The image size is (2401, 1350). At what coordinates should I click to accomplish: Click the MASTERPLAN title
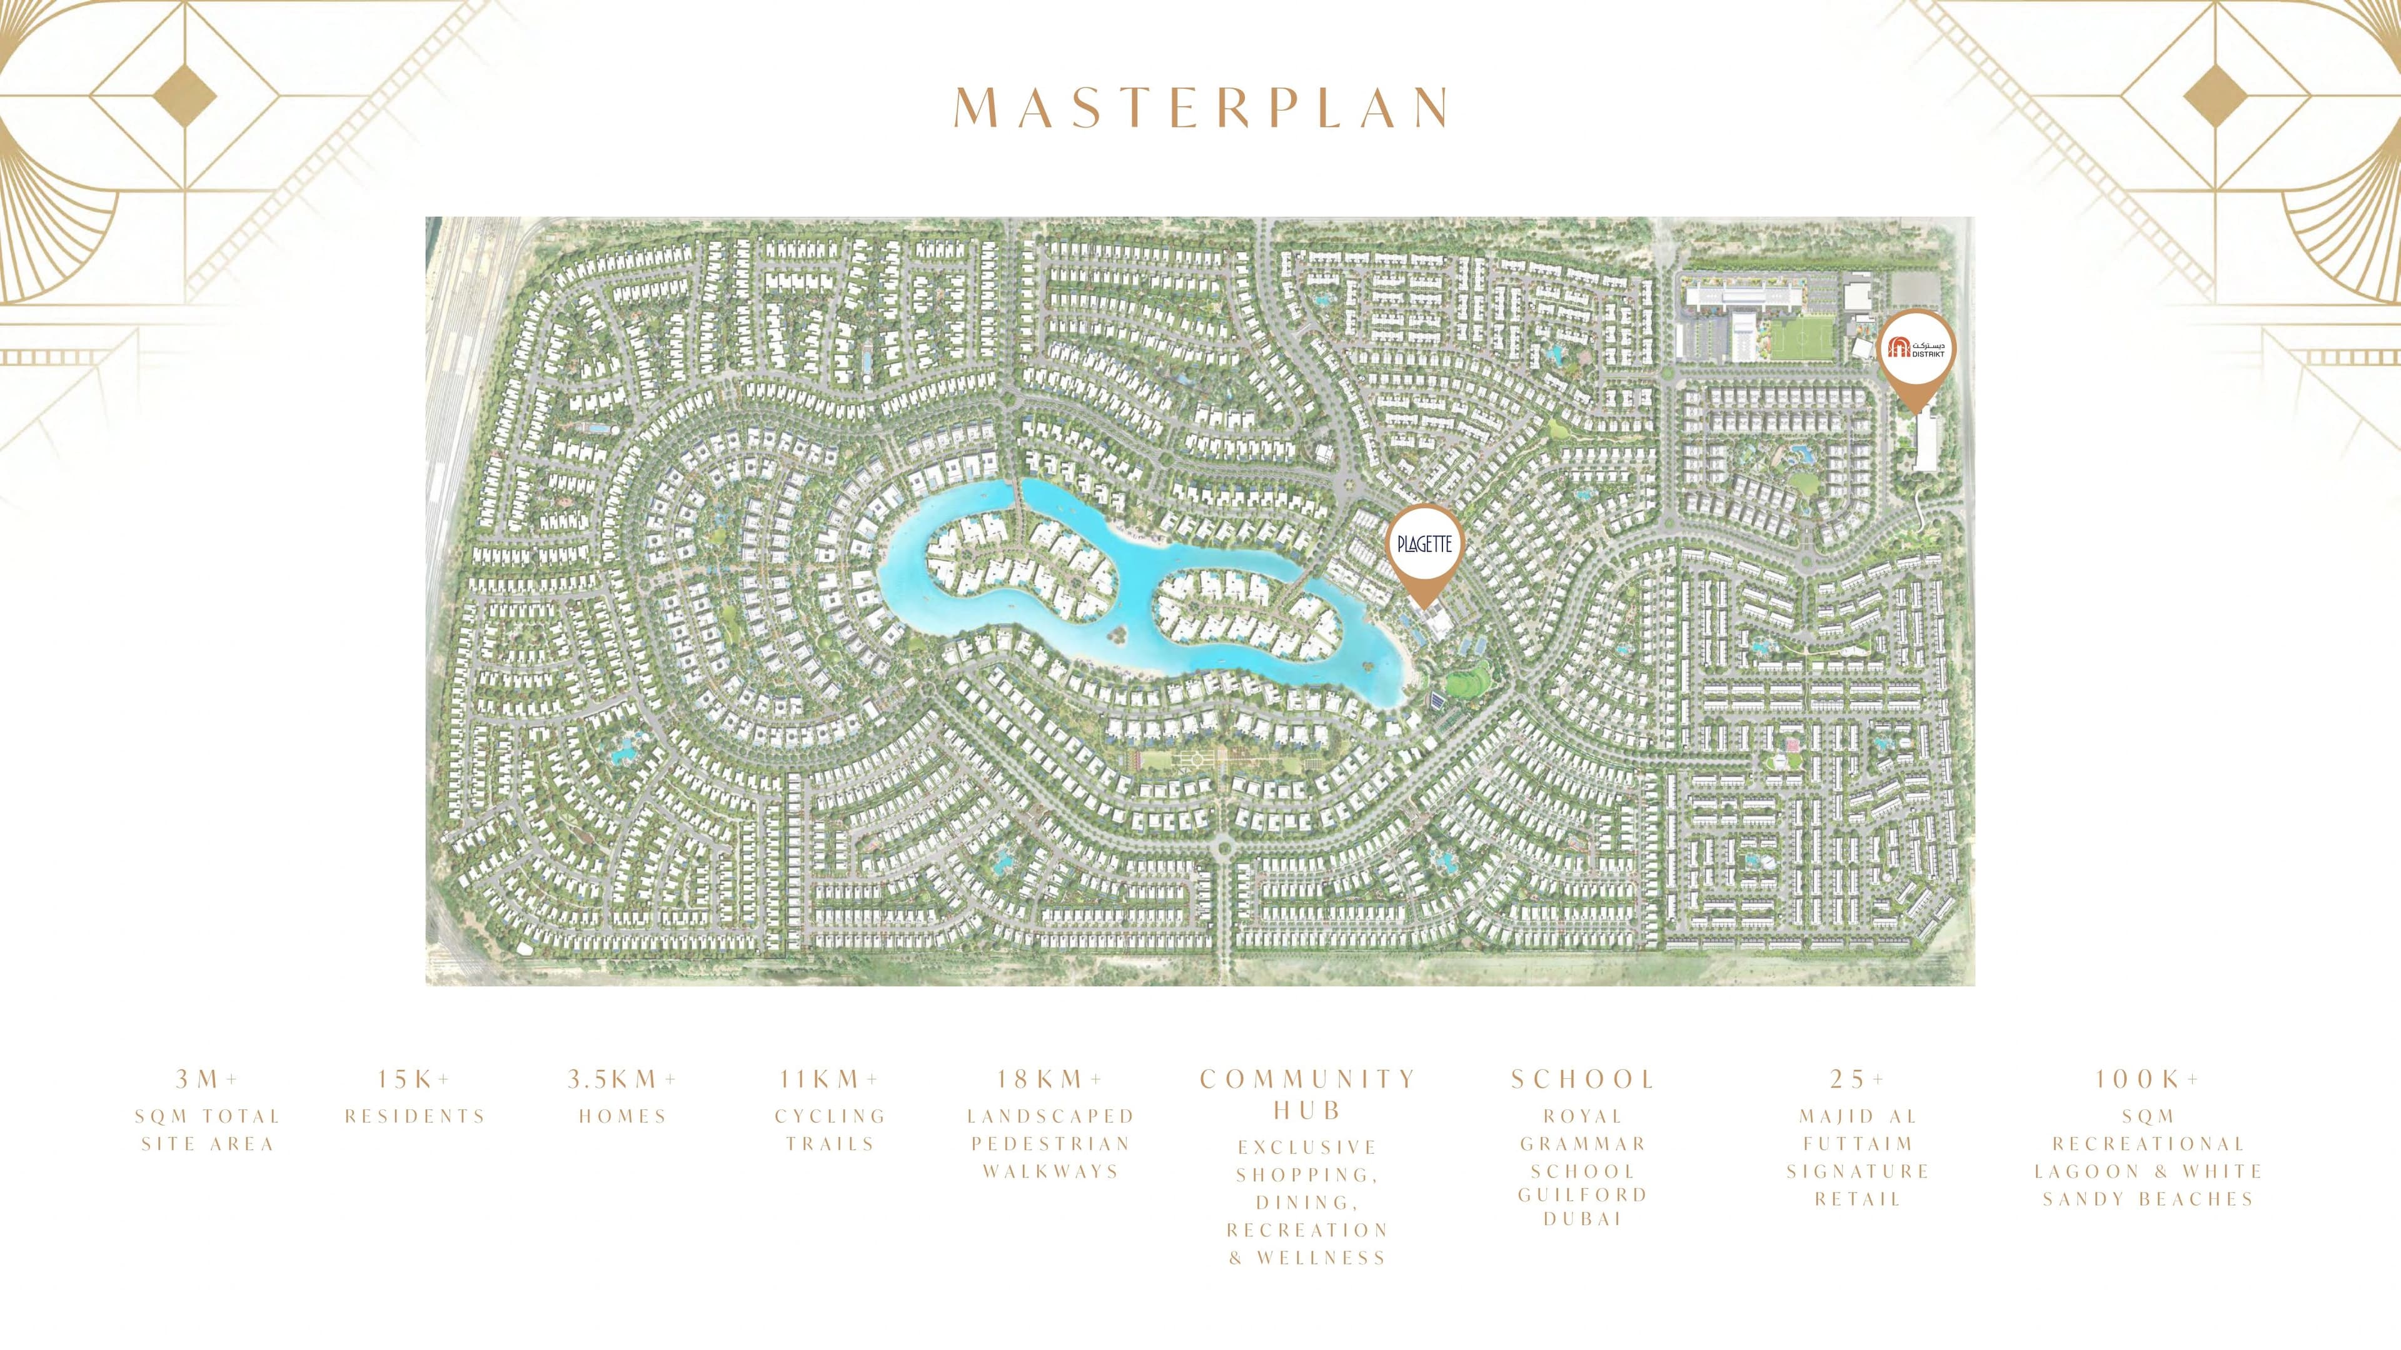pos(1200,109)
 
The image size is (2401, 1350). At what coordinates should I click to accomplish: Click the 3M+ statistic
pos(207,1080)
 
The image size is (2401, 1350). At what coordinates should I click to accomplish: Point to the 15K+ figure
pos(415,1080)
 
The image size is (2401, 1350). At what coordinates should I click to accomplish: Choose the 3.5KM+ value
pos(623,1080)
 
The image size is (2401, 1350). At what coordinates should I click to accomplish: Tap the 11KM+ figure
pos(830,1080)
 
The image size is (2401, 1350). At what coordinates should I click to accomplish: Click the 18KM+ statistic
pos(1050,1080)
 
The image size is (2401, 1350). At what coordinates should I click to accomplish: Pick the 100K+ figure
pos(2148,1080)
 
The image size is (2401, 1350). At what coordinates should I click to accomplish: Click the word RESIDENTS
pos(415,1116)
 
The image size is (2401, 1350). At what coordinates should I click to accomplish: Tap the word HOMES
pos(623,1116)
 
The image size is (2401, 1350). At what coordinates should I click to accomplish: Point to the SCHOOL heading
pos(1583,1080)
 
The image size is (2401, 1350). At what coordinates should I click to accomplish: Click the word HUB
pos(1307,1111)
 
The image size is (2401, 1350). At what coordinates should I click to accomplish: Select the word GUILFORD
pos(1583,1194)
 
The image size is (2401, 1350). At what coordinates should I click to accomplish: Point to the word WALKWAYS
pos(1050,1171)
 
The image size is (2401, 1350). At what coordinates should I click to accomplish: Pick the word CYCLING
pos(830,1116)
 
